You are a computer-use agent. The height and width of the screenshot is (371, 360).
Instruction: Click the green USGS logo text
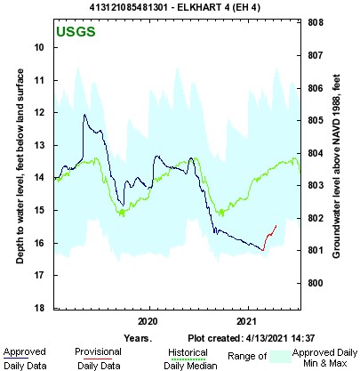point(76,34)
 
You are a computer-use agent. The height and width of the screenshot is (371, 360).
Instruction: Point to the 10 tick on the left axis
point(40,47)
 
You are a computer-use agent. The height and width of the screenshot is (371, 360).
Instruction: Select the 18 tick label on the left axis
point(40,308)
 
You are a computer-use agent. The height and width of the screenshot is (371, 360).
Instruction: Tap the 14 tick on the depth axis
point(40,178)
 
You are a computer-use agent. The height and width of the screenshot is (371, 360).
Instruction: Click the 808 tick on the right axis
point(314,22)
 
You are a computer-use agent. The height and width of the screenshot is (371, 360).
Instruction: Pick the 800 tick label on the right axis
point(314,283)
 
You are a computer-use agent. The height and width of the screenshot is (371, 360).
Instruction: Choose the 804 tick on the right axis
point(314,152)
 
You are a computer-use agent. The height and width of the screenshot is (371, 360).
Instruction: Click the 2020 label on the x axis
point(148,320)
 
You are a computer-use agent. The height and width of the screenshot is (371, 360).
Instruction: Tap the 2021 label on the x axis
point(246,320)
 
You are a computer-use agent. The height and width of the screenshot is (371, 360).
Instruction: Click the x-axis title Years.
point(138,339)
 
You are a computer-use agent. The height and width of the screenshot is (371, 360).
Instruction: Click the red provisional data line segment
point(270,238)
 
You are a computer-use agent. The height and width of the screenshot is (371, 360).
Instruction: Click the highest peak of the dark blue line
point(85,115)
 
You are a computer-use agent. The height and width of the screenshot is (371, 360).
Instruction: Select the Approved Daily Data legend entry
point(24,358)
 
